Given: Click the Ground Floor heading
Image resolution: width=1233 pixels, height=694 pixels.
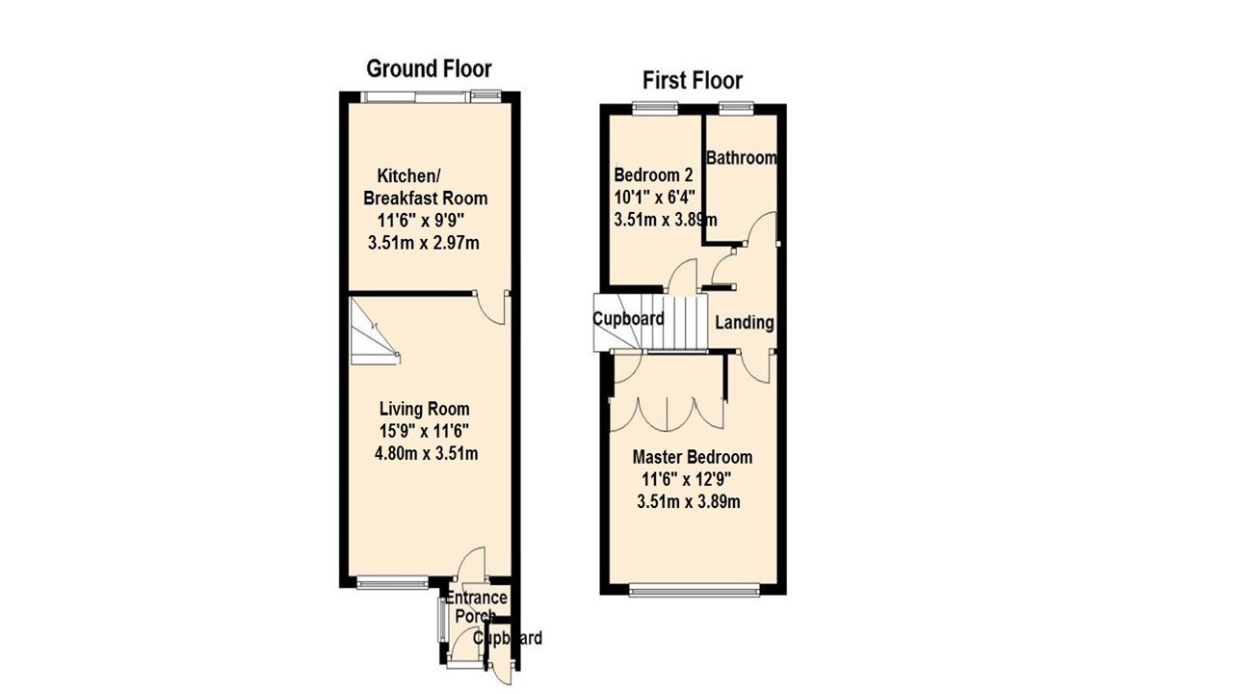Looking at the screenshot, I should (x=429, y=68).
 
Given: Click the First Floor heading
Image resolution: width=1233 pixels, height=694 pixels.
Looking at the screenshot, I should (x=692, y=80).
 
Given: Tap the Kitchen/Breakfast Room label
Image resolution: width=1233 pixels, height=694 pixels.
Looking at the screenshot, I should (x=425, y=187).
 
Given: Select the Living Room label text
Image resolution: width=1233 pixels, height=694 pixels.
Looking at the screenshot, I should (x=424, y=409).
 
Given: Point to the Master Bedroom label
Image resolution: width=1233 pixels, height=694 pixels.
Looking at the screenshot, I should (x=692, y=457).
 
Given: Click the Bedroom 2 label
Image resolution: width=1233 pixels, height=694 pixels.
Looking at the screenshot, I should (x=653, y=175).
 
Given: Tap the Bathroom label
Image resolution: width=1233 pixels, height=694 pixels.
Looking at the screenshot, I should (x=741, y=158).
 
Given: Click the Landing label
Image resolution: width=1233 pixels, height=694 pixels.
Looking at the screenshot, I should (x=744, y=322).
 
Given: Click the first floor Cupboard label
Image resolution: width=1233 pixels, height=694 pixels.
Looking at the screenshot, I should (x=628, y=319).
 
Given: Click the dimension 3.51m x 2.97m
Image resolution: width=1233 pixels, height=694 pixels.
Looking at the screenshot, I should (x=424, y=244).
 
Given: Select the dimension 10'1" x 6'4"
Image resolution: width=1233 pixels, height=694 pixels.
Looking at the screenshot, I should (x=654, y=198).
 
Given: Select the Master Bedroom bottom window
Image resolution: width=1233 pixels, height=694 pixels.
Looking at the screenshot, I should (x=693, y=587).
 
